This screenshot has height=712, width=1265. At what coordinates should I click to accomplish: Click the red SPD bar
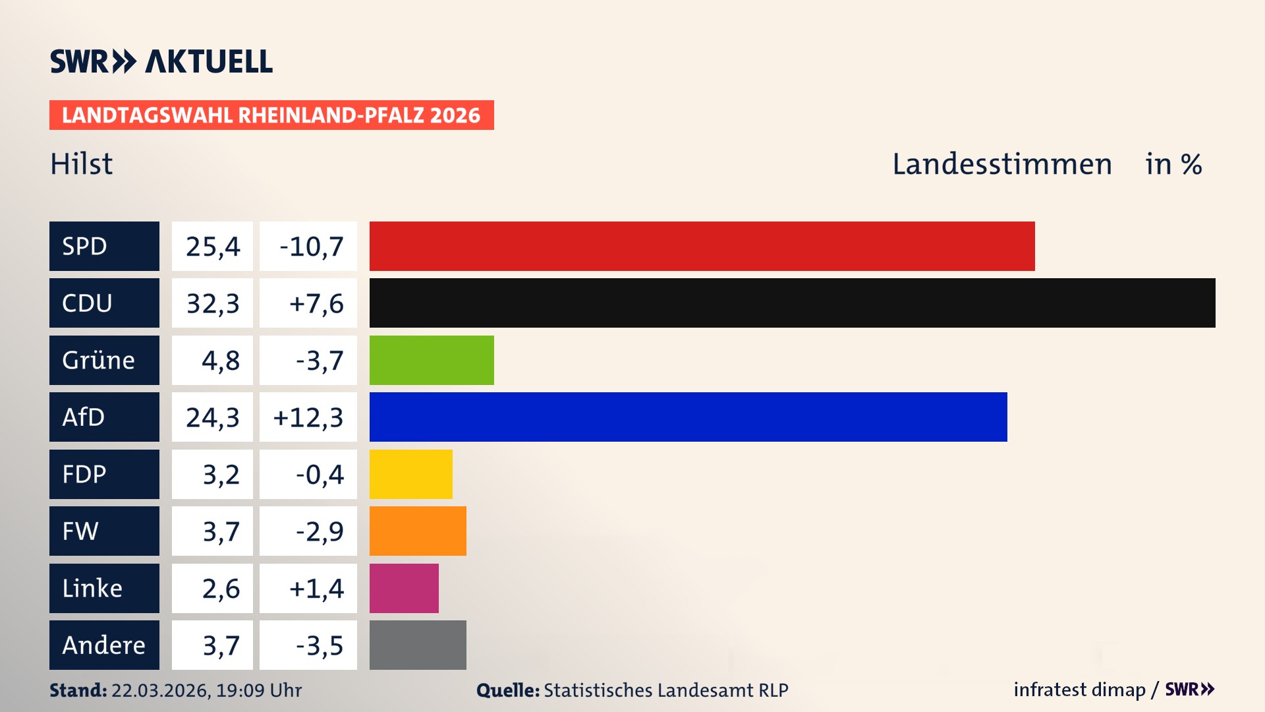tap(702, 246)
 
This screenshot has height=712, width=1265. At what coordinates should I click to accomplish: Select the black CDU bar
tap(792, 303)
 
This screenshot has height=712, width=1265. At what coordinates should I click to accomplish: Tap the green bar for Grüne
tap(432, 360)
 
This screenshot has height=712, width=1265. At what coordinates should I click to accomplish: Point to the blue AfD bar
tap(688, 417)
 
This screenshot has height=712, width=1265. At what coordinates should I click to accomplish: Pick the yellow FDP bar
tap(410, 474)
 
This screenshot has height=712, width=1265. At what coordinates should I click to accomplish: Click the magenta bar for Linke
tap(404, 588)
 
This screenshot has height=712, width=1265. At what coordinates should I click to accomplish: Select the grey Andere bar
tap(418, 645)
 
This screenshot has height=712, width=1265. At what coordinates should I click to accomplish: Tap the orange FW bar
tap(418, 531)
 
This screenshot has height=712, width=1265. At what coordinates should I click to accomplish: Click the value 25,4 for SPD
tap(212, 246)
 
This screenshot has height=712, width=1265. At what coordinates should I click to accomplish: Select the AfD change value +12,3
tap(308, 417)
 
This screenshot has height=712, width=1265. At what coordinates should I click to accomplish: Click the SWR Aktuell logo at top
tap(161, 61)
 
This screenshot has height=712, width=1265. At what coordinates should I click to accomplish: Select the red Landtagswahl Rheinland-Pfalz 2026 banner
tap(271, 115)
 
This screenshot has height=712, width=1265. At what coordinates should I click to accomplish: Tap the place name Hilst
tap(82, 163)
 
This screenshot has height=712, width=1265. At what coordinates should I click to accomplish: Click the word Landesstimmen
tap(1001, 163)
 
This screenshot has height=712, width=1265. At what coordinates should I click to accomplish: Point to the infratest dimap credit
tap(1079, 690)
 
